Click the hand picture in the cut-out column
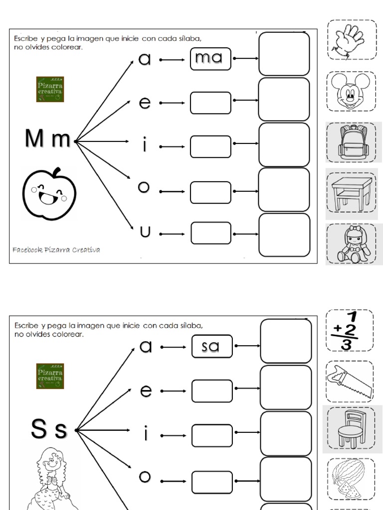click(x=352, y=40)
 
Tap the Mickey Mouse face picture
click(x=352, y=91)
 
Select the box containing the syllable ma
click(x=210, y=58)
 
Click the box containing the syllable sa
click(x=211, y=346)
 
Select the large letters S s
click(x=48, y=430)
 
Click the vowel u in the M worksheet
click(x=145, y=232)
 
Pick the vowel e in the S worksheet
click(x=145, y=391)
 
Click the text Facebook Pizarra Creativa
click(x=56, y=250)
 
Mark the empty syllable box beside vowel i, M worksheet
click(x=210, y=147)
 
